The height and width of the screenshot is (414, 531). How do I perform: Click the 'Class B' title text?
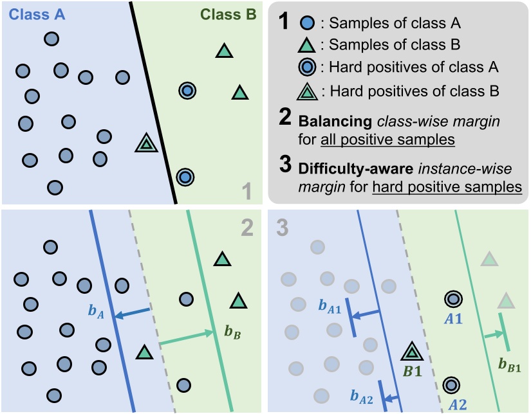click(228, 14)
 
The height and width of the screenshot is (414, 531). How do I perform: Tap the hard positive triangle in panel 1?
click(147, 144)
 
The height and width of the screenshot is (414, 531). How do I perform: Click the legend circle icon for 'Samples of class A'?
click(308, 24)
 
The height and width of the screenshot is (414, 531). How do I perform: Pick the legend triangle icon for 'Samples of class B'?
click(308, 45)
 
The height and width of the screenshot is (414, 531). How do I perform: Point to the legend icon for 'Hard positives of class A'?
click(308, 67)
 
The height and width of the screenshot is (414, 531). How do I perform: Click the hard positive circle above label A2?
click(452, 384)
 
